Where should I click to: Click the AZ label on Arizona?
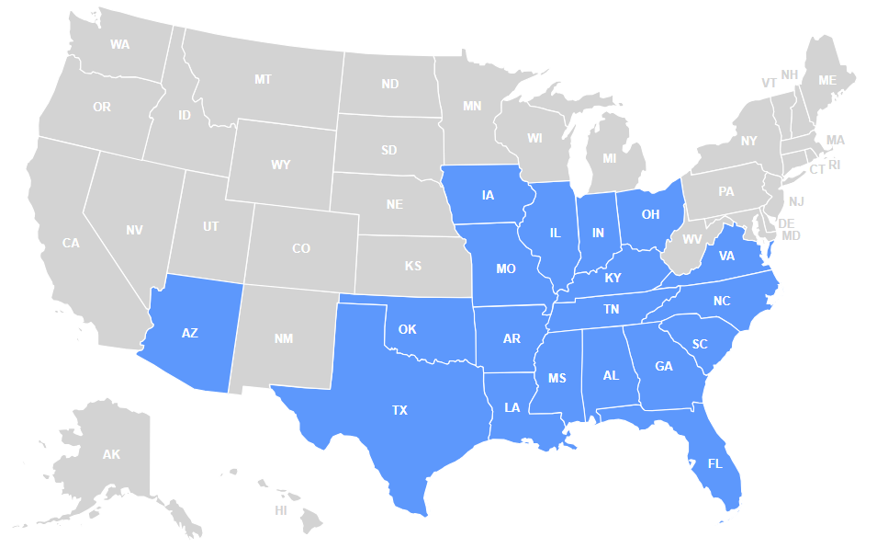coord(190,333)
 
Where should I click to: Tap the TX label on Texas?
coord(399,410)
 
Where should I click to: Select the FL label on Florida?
coord(715,463)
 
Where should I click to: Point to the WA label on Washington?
coord(119,44)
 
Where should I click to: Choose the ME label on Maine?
coord(827,81)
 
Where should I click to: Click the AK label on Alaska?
coord(111,454)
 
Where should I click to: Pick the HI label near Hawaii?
coord(281,509)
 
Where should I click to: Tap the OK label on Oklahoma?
coord(408,329)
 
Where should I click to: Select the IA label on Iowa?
coord(487,195)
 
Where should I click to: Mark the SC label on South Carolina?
coord(701,344)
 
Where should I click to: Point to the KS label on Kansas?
coord(413,267)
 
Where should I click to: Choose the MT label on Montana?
coord(263,80)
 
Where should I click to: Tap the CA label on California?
coord(71,244)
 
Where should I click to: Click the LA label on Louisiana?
coord(512,406)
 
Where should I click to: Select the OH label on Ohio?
coord(650,214)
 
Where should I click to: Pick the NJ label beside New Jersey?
coord(795,201)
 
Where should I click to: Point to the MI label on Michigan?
coord(610,158)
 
